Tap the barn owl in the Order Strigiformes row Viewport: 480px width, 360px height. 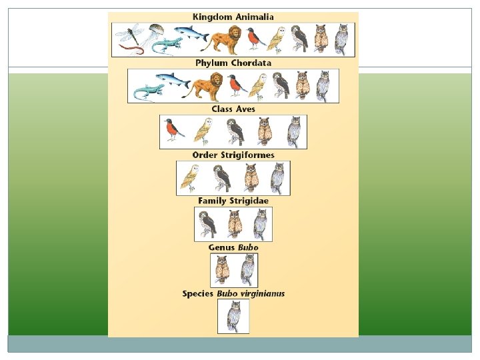click(x=190, y=177)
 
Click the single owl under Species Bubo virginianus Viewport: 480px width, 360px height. click(x=233, y=316)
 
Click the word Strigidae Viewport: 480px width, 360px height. click(x=251, y=201)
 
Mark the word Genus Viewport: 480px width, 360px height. click(x=222, y=247)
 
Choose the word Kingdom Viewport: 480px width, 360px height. click(x=210, y=17)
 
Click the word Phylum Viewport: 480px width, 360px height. click(x=211, y=63)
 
